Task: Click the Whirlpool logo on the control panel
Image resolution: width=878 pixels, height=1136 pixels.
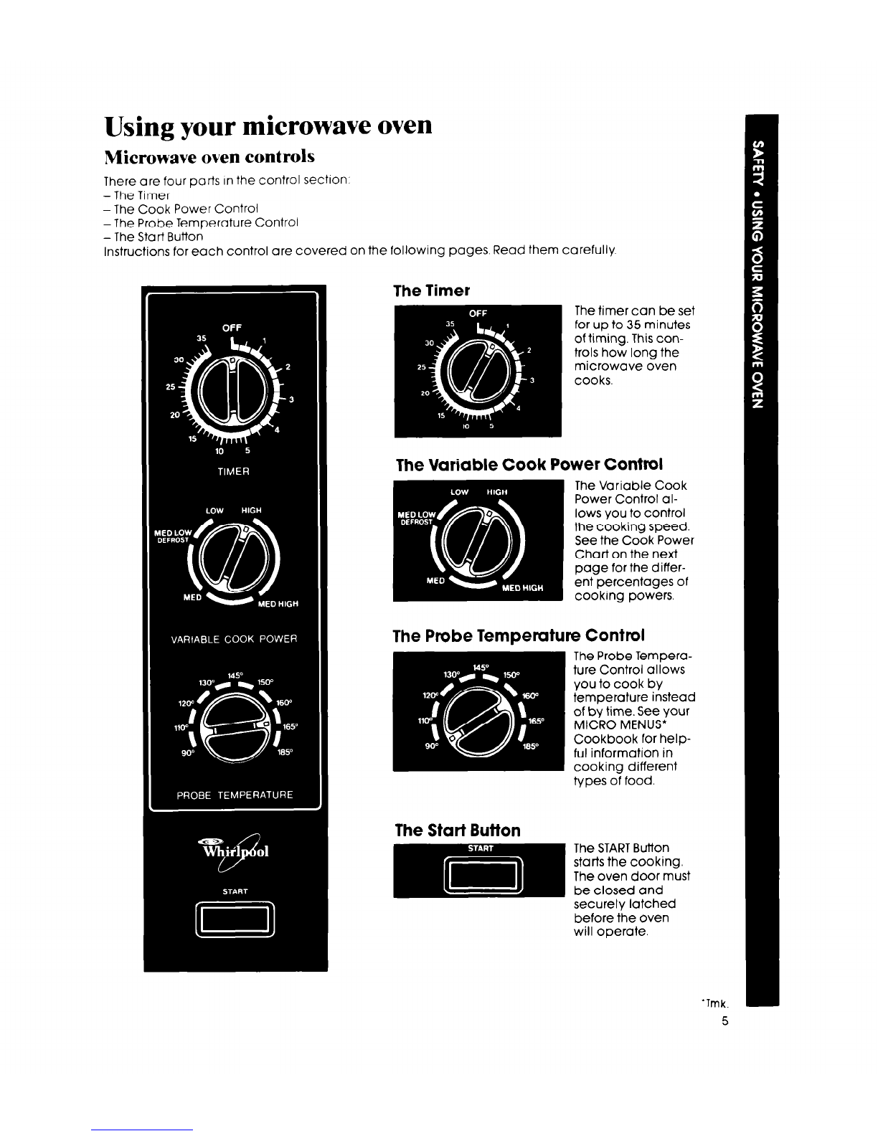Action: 235,851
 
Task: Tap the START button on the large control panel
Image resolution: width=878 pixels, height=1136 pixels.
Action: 235,919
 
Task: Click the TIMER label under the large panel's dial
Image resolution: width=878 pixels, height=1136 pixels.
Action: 233,472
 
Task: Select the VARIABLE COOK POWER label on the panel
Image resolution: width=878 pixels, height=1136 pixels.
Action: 234,639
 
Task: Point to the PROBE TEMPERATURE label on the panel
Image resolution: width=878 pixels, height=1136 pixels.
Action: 235,795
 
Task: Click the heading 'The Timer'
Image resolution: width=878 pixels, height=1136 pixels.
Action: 431,290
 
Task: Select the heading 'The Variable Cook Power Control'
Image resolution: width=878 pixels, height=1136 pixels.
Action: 529,464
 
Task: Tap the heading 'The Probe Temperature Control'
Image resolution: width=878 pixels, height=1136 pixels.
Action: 518,635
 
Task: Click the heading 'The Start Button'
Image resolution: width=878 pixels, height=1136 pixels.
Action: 458,830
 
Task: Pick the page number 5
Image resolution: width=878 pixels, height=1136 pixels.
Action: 724,1021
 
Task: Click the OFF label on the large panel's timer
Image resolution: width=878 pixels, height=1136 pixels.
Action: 232,328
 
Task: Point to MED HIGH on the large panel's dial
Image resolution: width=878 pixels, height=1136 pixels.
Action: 278,604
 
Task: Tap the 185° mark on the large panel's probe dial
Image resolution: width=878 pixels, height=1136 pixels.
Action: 285,752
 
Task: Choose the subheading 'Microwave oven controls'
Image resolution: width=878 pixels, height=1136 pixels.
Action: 209,156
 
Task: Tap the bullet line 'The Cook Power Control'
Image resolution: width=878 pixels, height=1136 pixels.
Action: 181,209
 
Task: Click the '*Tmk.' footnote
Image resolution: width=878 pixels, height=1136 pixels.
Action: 715,1003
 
